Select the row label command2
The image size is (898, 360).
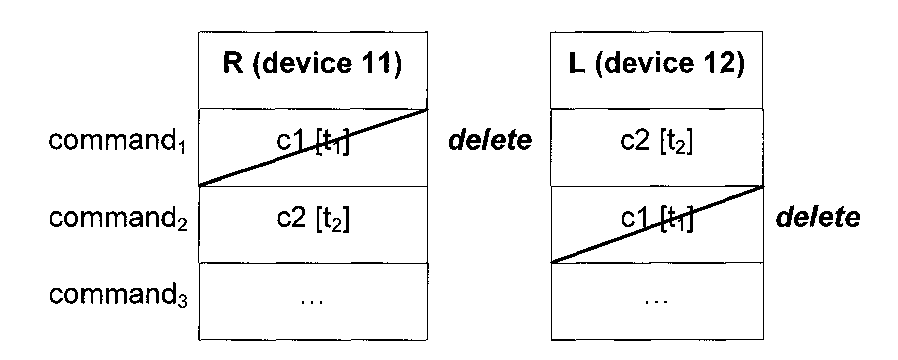coord(117,218)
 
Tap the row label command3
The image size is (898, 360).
coord(117,295)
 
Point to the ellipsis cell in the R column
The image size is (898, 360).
coord(313,301)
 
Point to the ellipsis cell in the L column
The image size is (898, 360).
coord(657,301)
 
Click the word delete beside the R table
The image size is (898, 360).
coord(490,141)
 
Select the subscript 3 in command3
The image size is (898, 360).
coord(183,301)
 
